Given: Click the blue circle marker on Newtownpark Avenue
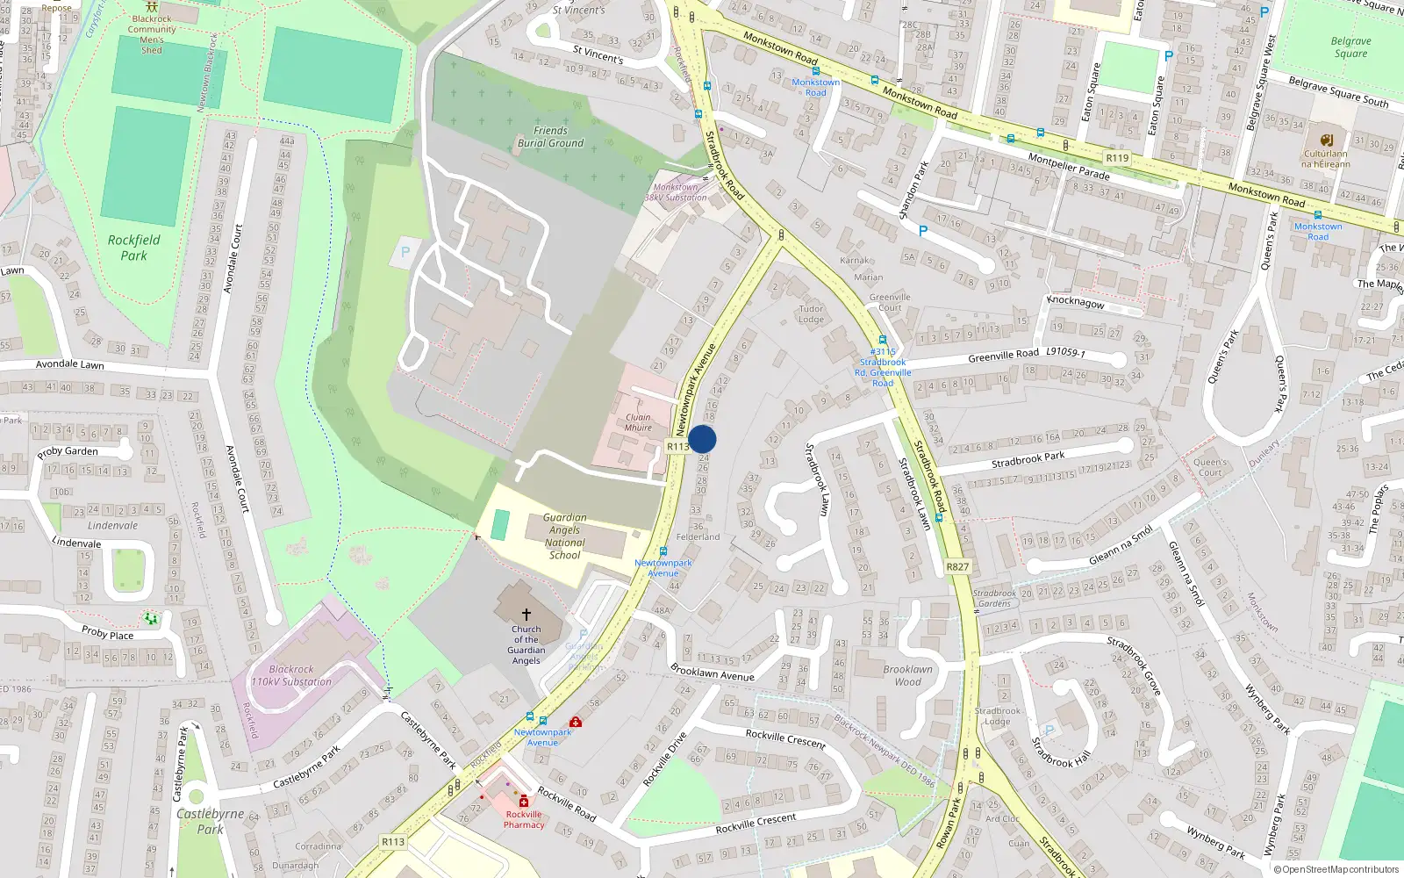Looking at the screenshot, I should [702, 439].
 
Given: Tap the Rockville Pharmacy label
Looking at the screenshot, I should [524, 819].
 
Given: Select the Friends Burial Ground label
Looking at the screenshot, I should [550, 137].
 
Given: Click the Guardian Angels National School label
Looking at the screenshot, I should [564, 536].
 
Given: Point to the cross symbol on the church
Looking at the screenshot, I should [526, 615].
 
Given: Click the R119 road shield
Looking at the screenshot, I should [1117, 158].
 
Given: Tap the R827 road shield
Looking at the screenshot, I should [957, 567].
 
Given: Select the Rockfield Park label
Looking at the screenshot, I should [133, 248].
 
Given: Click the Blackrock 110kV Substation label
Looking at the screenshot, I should [291, 675].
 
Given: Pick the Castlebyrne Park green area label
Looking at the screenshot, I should [210, 821].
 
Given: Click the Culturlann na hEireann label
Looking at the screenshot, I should [1326, 159].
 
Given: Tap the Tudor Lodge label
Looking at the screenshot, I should [811, 313].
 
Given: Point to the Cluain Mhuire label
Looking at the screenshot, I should [638, 422].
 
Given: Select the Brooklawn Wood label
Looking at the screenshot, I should [907, 675].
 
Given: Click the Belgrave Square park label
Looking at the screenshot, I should [1350, 47].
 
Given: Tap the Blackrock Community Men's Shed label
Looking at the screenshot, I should [152, 34].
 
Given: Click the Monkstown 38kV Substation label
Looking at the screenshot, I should [676, 192].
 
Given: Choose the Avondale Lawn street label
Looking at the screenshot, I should [70, 364].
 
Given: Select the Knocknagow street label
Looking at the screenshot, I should [1076, 302].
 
